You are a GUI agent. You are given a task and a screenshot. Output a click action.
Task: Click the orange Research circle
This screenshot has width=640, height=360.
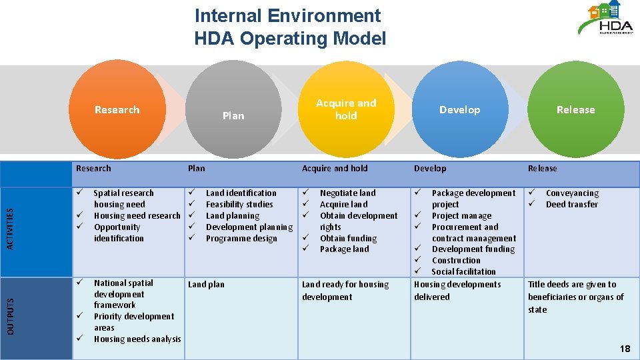tap(117, 110)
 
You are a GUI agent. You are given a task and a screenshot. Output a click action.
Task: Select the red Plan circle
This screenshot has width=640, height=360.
tap(233, 110)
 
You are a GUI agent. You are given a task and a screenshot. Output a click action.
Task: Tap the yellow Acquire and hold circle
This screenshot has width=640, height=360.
tap(346, 109)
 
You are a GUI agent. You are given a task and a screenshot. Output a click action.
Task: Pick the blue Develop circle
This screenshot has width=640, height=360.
tap(459, 110)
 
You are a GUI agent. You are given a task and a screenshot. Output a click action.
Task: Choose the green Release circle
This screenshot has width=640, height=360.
tap(575, 110)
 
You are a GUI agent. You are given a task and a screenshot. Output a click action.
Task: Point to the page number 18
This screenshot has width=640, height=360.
tap(624, 349)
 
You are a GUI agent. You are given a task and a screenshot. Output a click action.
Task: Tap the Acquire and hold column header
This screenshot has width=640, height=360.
tap(335, 169)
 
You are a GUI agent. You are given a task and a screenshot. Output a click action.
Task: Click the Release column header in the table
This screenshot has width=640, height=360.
tap(542, 169)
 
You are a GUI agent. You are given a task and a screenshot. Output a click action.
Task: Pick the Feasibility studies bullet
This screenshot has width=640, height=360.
tap(239, 205)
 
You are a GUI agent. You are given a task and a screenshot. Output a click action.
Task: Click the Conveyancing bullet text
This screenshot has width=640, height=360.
tap(572, 193)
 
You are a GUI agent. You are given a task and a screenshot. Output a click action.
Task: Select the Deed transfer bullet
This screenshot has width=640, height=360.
tap(571, 205)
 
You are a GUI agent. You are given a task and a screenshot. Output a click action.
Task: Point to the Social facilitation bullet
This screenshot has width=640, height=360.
tap(463, 271)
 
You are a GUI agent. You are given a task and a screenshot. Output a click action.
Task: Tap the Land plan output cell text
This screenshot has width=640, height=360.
tap(206, 285)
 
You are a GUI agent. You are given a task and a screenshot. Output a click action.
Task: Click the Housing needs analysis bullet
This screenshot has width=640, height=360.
tap(137, 339)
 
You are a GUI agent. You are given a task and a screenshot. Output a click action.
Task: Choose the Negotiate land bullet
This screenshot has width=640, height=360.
tap(347, 193)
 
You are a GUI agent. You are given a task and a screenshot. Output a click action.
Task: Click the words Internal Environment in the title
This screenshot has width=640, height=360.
tap(287, 15)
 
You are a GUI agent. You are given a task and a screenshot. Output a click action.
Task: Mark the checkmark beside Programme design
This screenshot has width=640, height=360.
tap(191, 238)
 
